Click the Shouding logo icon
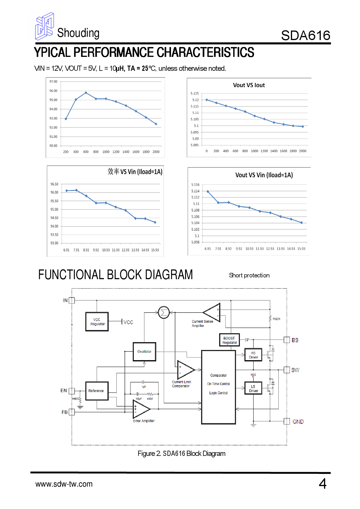click(x=44, y=26)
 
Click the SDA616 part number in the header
click(x=305, y=35)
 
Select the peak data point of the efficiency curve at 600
click(x=86, y=93)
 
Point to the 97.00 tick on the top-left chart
click(x=53, y=82)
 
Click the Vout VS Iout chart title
click(x=249, y=85)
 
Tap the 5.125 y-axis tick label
click(x=195, y=93)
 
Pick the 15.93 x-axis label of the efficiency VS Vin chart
click(x=155, y=250)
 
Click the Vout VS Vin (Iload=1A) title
click(x=264, y=175)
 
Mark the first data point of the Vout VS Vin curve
click(x=208, y=192)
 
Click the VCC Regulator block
click(x=97, y=322)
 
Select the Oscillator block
click(x=144, y=351)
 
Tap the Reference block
click(x=97, y=391)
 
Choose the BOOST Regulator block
click(x=229, y=340)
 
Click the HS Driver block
click(x=253, y=355)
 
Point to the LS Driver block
click(x=253, y=389)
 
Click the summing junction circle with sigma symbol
click(x=164, y=313)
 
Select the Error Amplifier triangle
click(x=141, y=409)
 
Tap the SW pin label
click(x=295, y=370)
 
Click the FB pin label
click(x=64, y=412)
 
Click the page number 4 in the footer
click(x=323, y=484)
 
